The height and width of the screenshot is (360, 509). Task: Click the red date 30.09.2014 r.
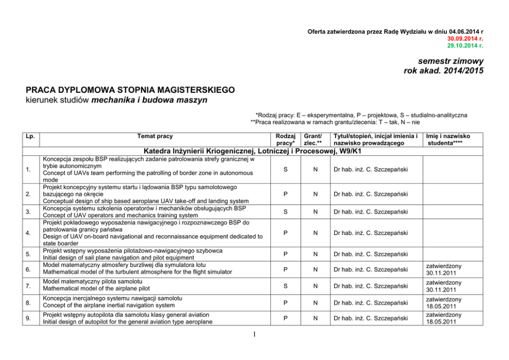[x=465, y=38]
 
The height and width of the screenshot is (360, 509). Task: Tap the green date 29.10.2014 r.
[x=465, y=46]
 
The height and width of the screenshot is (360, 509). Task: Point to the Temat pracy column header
[x=155, y=136]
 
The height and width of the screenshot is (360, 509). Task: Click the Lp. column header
[x=31, y=136]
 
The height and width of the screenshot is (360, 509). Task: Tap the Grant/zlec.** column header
[x=312, y=139]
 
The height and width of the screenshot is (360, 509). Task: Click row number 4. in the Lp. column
[x=31, y=233]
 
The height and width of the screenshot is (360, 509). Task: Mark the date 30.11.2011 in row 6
[x=444, y=273]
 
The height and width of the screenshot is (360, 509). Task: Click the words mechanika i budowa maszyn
[x=149, y=100]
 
